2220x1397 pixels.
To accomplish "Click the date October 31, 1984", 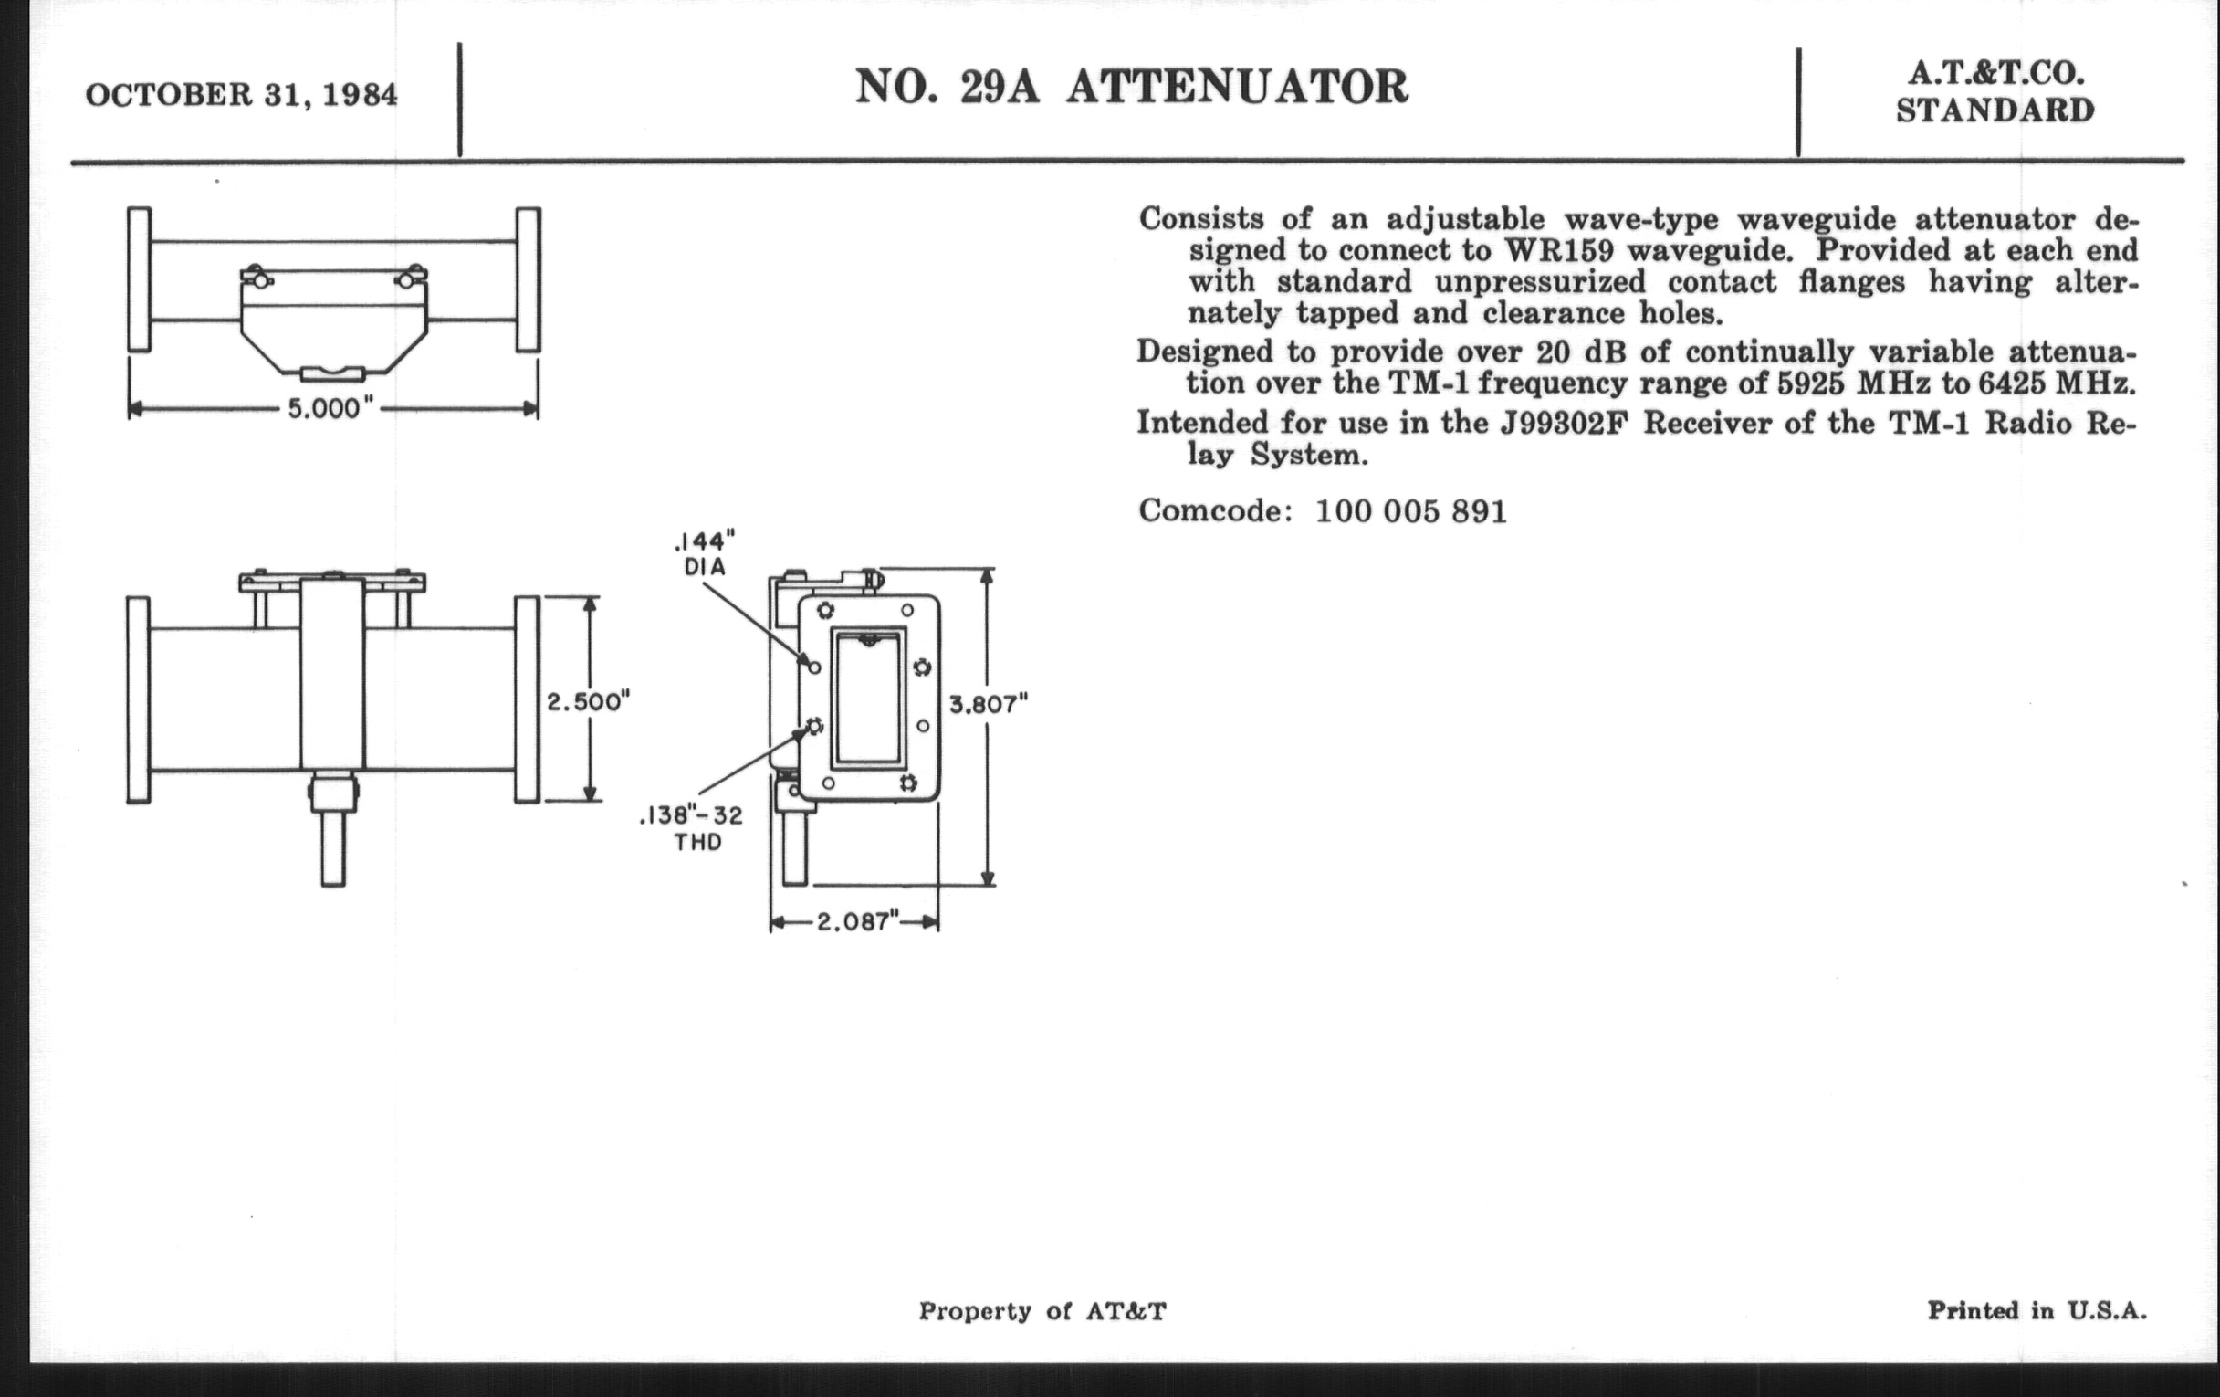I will [242, 95].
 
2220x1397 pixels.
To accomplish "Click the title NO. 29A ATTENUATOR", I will [1131, 88].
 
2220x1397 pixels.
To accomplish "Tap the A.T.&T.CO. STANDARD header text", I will [1995, 92].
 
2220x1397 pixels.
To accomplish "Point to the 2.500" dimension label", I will [588, 702].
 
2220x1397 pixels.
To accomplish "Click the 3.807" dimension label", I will [989, 705].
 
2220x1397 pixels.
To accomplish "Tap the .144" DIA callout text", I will [705, 554].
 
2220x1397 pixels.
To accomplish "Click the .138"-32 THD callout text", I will [693, 828].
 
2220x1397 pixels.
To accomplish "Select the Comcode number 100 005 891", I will [1410, 510].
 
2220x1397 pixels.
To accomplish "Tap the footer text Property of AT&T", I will [1042, 1311].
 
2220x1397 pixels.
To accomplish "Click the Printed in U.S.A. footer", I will [2037, 1310].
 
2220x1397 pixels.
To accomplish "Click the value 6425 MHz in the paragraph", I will [2057, 383].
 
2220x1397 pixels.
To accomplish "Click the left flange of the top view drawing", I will [140, 279].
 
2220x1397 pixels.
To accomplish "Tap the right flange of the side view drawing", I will [527, 699].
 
